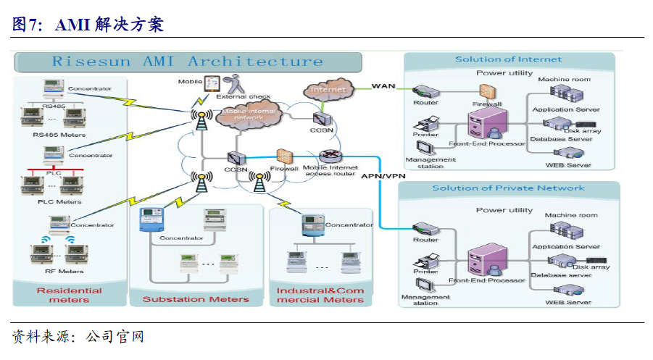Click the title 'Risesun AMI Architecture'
tap(187, 62)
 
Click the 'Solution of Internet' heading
tap(508, 59)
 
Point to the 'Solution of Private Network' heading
tap(508, 188)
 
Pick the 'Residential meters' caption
tap(69, 295)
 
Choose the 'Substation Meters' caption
tap(195, 299)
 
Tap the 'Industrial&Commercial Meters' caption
tap(320, 295)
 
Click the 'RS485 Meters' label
tap(59, 135)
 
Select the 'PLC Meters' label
tap(59, 201)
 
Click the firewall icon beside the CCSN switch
tap(284, 156)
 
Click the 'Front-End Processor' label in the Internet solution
tap(487, 143)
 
